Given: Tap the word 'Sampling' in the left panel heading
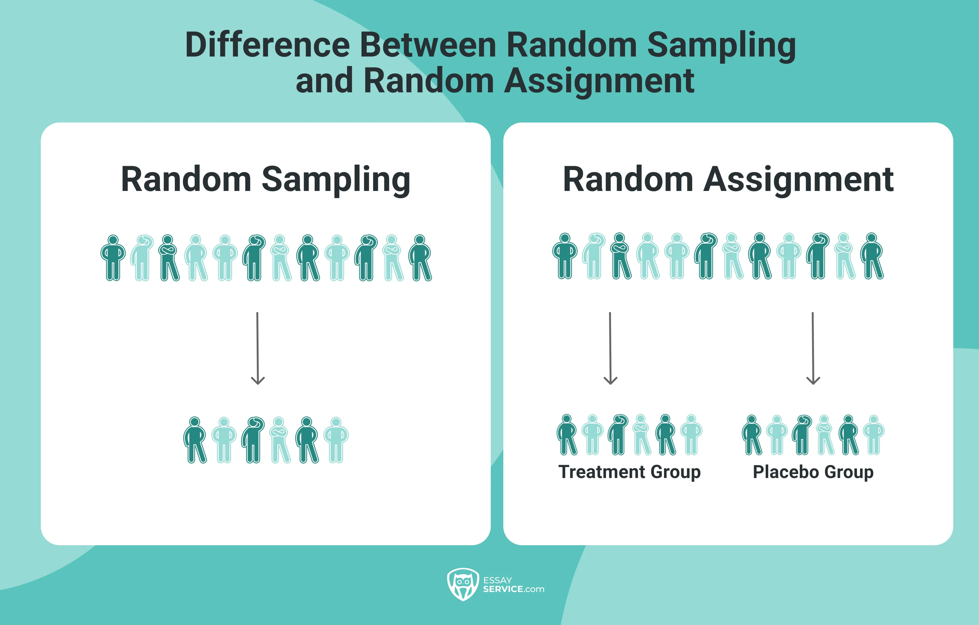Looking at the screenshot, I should pos(336,180).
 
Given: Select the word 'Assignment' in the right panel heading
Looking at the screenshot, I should pos(799,180).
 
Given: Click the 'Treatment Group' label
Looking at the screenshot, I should pos(629,472).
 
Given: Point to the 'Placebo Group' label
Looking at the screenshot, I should pos(813,472).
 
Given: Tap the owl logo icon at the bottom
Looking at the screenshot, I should pos(463,584).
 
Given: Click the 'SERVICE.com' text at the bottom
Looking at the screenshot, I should pos(513,589).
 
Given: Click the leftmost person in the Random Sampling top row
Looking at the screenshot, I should pos(113,258).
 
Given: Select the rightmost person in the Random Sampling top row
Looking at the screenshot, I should pos(421,258).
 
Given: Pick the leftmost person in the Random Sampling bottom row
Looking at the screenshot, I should pos(195,440).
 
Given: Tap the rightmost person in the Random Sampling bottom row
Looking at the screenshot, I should pos(336,440).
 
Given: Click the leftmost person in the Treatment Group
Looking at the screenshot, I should pos(567,435).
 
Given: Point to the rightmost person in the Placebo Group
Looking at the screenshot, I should pos(874,435).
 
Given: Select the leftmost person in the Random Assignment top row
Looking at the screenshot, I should pos(565,256).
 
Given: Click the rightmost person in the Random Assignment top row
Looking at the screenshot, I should pos(872,256).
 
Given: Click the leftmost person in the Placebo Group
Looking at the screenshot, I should pos(752,435).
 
